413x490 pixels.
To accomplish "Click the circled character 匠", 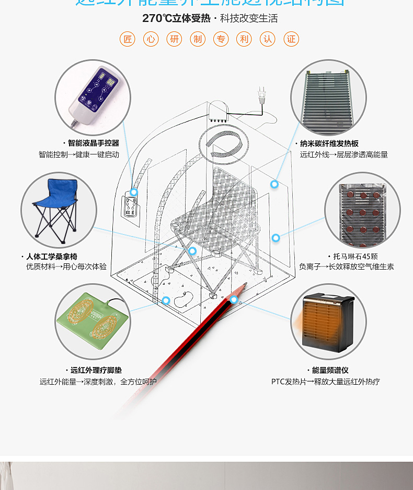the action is (127, 39).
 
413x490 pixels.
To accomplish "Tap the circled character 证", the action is (291, 39).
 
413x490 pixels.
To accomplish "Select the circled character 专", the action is (221, 39).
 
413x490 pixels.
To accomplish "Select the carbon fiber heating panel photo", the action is (328, 97).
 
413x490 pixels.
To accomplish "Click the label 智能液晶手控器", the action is (93, 143).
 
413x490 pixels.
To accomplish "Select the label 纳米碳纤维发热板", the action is (328, 143).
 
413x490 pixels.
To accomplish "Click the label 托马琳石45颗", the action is (355, 257).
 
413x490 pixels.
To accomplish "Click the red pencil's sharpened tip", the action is (244, 285).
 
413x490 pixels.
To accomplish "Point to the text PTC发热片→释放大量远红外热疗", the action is (325, 382).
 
